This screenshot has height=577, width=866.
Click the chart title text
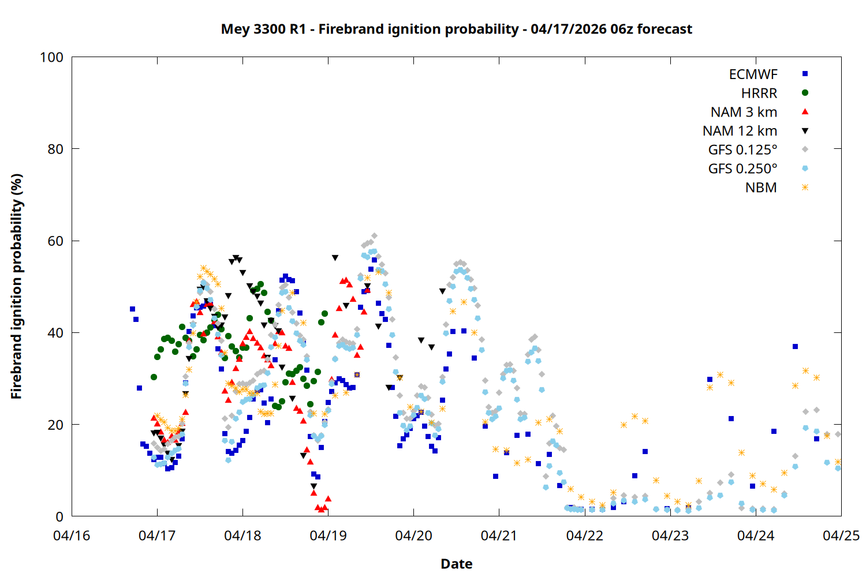click(x=456, y=29)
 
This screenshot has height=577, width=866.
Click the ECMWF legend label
click(x=753, y=74)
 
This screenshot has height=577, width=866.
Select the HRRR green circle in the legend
click(x=805, y=93)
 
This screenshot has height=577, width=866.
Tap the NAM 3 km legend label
click(x=744, y=112)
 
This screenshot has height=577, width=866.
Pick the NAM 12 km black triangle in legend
click(x=805, y=131)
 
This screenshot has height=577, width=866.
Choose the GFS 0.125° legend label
click(x=742, y=150)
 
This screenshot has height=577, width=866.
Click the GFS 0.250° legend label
click(x=742, y=168)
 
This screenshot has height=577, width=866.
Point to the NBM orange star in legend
click(x=805, y=188)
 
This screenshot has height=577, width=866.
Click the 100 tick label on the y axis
click(x=51, y=57)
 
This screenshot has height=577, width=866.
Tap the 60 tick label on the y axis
click(x=55, y=241)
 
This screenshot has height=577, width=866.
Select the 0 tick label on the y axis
click(x=59, y=516)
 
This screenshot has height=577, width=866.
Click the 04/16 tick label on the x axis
click(x=72, y=535)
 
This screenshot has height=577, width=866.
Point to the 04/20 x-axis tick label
click(x=413, y=535)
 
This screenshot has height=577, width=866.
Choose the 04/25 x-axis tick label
click(x=841, y=535)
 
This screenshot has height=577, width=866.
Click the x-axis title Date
click(x=456, y=564)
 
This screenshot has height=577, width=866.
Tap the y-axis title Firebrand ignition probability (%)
click(x=17, y=286)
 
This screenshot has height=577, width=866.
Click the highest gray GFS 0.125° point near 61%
click(x=375, y=236)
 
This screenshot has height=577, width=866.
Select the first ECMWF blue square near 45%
click(x=132, y=309)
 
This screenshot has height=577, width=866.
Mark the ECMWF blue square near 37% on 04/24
click(x=795, y=347)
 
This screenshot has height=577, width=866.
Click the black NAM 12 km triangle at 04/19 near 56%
click(x=335, y=258)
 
